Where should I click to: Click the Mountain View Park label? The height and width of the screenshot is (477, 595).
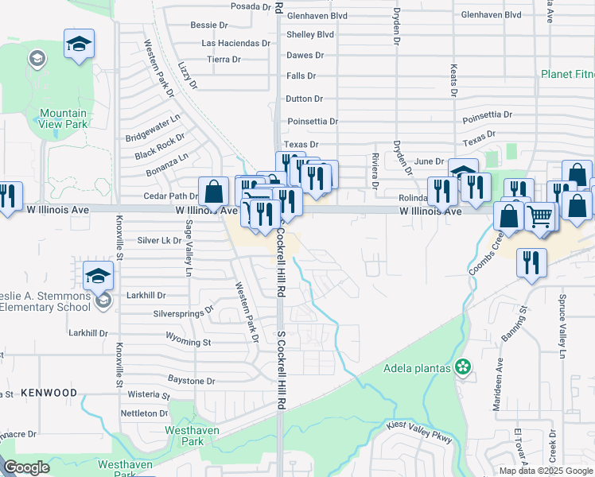63,118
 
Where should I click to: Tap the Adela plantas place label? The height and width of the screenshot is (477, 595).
418,367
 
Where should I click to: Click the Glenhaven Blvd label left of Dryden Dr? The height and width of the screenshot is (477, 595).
317,15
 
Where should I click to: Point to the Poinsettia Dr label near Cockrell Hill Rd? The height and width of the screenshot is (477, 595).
313,122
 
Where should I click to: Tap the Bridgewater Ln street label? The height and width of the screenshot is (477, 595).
154,128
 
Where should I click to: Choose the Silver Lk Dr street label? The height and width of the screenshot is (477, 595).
159,240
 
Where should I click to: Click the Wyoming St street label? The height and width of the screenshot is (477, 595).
189,343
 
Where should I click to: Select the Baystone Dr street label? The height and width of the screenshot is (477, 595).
191,381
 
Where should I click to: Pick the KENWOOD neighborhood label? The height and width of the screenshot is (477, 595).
49,393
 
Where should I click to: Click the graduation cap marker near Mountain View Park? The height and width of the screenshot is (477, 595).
79,45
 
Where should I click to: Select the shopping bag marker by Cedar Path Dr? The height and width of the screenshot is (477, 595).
213,192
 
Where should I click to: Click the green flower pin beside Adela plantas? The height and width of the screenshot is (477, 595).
463,367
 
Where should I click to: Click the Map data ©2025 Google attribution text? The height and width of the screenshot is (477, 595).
546,471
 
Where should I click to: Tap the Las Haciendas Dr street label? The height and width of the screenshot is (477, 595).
236,42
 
